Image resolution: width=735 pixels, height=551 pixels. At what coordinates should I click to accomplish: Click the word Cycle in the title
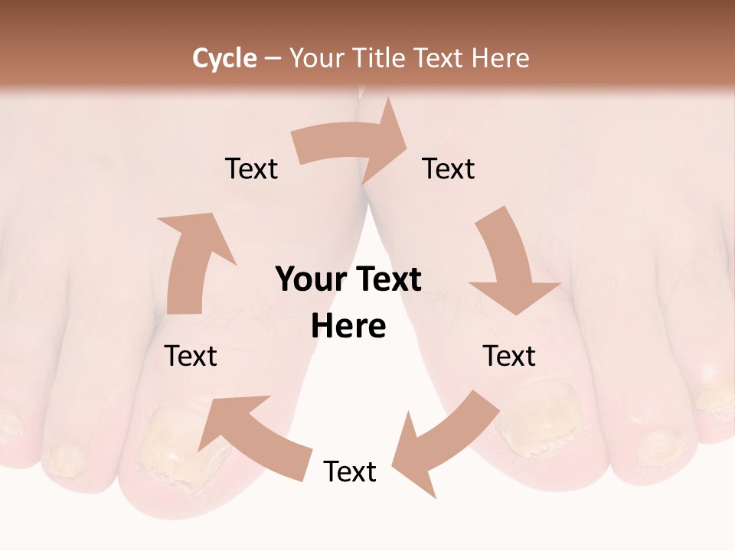click(x=224, y=58)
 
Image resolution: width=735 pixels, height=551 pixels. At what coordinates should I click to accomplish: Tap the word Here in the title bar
click(x=500, y=58)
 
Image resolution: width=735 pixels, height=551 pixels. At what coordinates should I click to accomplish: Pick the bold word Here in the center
click(x=348, y=327)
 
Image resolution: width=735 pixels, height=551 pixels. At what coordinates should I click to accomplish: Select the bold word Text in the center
click(x=386, y=279)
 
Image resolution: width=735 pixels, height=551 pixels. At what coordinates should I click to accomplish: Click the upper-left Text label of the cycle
click(x=251, y=168)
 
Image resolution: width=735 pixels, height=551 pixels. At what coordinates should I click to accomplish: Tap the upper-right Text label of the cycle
click(x=449, y=168)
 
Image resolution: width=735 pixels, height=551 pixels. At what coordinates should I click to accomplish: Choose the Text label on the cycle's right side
click(x=509, y=356)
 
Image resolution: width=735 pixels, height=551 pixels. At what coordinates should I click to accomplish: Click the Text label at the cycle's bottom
click(x=350, y=471)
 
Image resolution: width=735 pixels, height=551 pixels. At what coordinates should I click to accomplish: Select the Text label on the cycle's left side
click(x=191, y=356)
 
